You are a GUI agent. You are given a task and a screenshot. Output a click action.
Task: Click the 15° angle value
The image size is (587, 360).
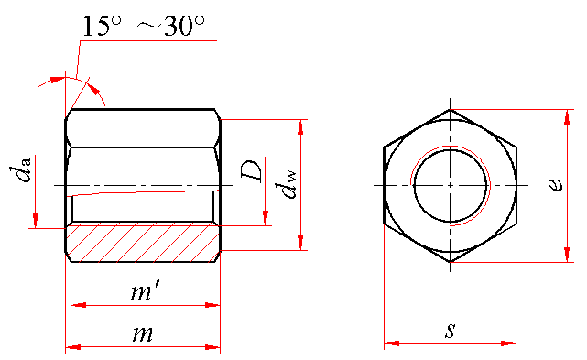tap(101, 26)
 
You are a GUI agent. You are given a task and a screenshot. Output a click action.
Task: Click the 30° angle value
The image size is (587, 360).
tap(184, 26)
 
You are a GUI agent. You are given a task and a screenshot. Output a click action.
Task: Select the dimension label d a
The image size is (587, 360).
tap(20, 170)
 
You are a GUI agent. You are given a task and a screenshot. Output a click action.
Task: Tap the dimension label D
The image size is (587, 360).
tap(252, 171)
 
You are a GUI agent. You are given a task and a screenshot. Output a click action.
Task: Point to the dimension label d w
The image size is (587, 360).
tap(286, 184)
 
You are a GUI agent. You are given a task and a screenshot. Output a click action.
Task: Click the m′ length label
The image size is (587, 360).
tap(146, 291)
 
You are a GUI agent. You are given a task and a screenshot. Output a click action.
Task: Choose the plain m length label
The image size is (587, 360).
tap(143, 334)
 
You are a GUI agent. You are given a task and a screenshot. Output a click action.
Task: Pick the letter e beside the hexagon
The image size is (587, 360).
tap(555, 185)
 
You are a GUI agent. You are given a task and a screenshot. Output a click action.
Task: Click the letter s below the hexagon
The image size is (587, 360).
tap(451, 331)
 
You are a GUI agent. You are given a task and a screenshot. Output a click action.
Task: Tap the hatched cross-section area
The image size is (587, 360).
tap(143, 243)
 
